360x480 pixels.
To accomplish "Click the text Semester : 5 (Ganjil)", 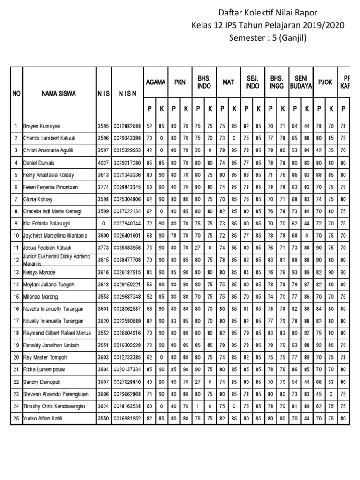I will pyautogui.click(x=267, y=38).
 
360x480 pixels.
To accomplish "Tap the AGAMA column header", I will pyautogui.click(x=156, y=82).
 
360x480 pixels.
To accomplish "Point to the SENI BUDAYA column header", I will pyautogui.click(x=301, y=82).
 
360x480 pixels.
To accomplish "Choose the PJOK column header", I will pyautogui.click(x=325, y=82).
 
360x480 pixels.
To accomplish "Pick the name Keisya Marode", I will pyautogui.click(x=40, y=272).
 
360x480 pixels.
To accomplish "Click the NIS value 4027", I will pyautogui.click(x=103, y=163).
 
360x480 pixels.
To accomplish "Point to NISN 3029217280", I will pyautogui.click(x=127, y=163).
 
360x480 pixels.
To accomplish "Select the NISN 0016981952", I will pyautogui.click(x=127, y=419).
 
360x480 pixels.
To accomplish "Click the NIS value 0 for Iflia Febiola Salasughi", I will pyautogui.click(x=103, y=224).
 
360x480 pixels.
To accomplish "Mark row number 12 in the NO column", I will pyautogui.click(x=16, y=260).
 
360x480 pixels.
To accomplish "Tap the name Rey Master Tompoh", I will pyautogui.click(x=45, y=358).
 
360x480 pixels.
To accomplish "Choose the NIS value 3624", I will pyautogui.click(x=103, y=406).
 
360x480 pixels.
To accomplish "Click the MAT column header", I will pyautogui.click(x=228, y=82).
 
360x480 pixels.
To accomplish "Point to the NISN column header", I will pyautogui.click(x=127, y=93).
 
